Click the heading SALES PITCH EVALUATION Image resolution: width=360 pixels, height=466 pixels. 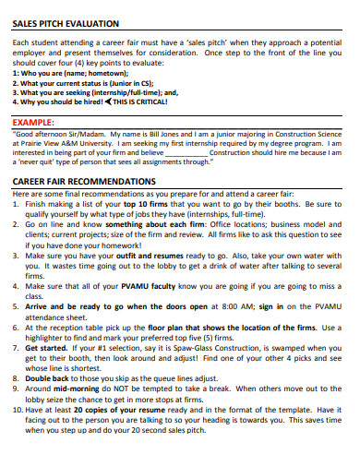(66, 21)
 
